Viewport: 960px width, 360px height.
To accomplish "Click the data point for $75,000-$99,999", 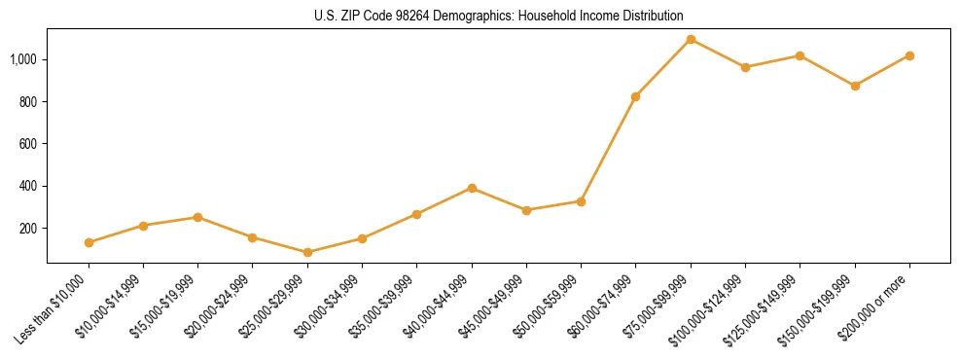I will click(691, 39).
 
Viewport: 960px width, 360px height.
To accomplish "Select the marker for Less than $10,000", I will click(89, 242).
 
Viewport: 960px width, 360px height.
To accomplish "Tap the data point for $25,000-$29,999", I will click(308, 252).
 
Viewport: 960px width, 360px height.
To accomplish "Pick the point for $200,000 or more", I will click(909, 55).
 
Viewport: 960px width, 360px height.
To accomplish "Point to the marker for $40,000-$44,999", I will click(472, 188).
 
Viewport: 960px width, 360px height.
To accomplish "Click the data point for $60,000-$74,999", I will click(636, 96).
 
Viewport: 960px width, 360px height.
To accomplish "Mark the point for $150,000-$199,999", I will click(855, 86).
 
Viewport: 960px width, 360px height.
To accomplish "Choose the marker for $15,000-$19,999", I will click(198, 217).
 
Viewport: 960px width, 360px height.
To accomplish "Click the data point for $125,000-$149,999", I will click(800, 55).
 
